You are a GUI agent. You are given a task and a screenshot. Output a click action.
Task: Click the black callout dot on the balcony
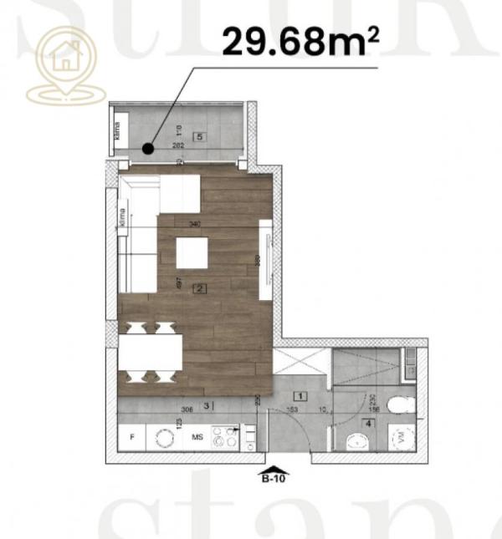pyautogui.click(x=147, y=150)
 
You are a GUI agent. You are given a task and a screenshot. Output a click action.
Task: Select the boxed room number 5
pyautogui.click(x=199, y=135)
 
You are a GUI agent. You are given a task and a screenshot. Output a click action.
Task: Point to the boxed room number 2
pyautogui.click(x=199, y=289)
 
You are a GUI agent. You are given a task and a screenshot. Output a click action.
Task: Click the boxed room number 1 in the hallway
pyautogui.click(x=300, y=397)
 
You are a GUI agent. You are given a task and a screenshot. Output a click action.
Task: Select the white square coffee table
pyautogui.click(x=192, y=252)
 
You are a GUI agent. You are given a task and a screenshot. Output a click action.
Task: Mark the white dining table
pyautogui.click(x=151, y=352)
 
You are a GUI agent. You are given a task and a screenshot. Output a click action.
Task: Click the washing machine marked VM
pyautogui.click(x=402, y=437)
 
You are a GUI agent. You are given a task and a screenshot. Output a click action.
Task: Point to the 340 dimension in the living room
pyautogui.click(x=195, y=224)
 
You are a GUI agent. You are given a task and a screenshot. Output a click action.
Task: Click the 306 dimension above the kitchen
pyautogui.click(x=187, y=409)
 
